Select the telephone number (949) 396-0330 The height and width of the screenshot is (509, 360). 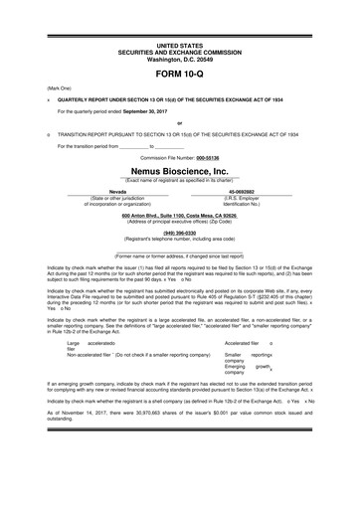pyautogui.click(x=179, y=234)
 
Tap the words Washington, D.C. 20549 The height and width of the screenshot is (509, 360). pyautogui.click(x=179, y=59)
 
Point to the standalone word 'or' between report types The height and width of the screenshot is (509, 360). pyautogui.click(x=179, y=123)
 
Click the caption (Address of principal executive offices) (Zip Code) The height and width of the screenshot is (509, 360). pyautogui.click(x=179, y=221)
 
